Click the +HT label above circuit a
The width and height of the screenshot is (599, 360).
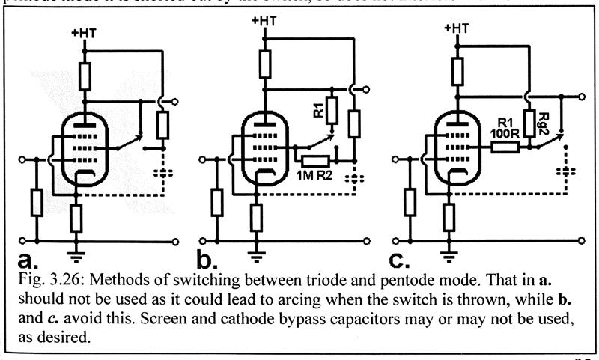coord(85,34)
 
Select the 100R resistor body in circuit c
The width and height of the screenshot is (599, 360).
coord(506,148)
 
